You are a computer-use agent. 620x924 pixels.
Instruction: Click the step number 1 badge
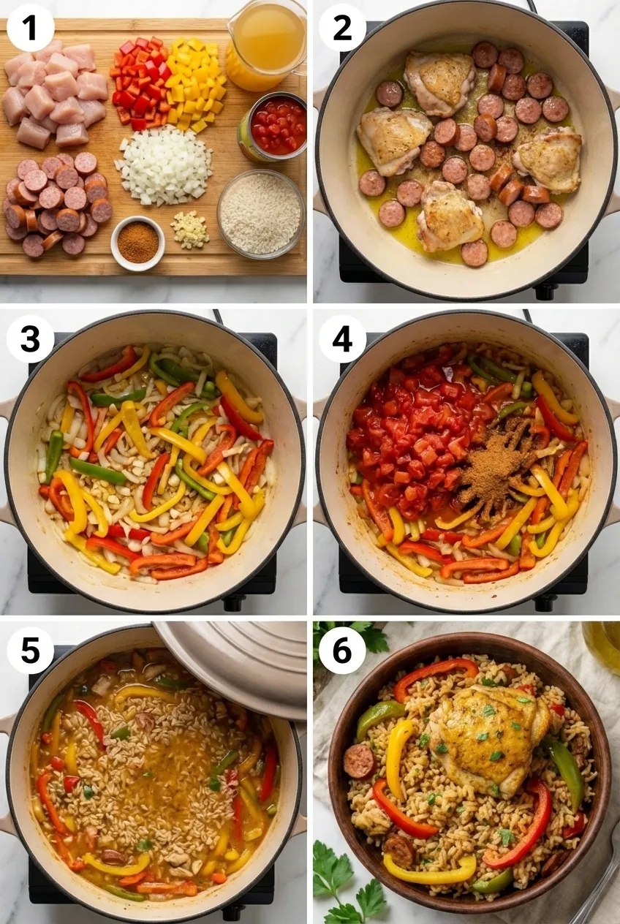(x=31, y=29)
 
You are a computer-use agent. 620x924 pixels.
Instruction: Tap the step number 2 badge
(x=342, y=29)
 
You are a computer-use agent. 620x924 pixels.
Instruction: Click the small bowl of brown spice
(x=137, y=243)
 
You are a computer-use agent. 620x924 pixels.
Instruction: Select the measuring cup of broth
(x=266, y=45)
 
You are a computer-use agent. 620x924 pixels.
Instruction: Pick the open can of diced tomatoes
(x=272, y=126)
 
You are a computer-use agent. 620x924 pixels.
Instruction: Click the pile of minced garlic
(x=190, y=230)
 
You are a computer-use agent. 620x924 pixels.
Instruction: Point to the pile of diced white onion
(x=165, y=165)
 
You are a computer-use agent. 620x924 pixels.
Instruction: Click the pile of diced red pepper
(x=140, y=82)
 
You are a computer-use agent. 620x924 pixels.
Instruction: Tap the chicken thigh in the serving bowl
(x=490, y=734)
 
